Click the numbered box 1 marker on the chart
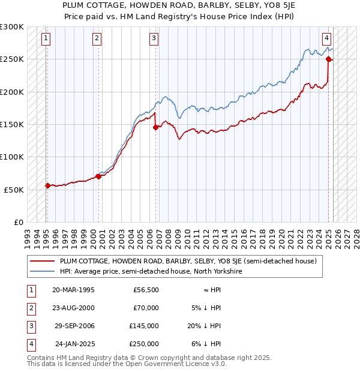pyautogui.click(x=46, y=38)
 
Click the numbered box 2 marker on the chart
pyautogui.click(x=97, y=38)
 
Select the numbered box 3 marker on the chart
pyautogui.click(x=154, y=38)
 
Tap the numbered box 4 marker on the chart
pyautogui.click(x=326, y=38)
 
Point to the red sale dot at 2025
pyautogui.click(x=329, y=59)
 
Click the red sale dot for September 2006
pyautogui.click(x=155, y=127)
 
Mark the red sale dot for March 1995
pyautogui.click(x=47, y=185)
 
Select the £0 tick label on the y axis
pyautogui.click(x=19, y=222)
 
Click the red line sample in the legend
pyautogui.click(x=43, y=261)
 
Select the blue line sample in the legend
pyautogui.click(x=43, y=271)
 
